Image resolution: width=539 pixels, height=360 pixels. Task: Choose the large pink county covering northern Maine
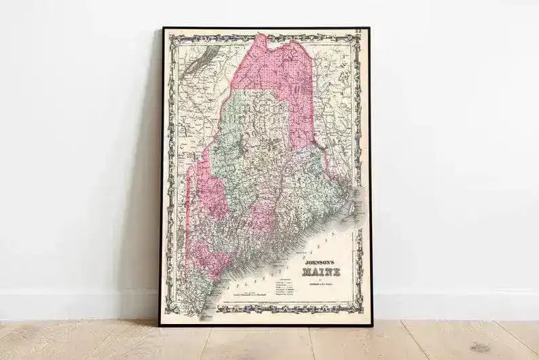278,75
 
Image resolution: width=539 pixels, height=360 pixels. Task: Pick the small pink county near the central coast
262,221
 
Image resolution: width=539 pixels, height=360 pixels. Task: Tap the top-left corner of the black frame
162,29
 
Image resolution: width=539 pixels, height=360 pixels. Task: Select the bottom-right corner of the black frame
371,325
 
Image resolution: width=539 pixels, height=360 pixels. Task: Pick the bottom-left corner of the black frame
161,325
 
